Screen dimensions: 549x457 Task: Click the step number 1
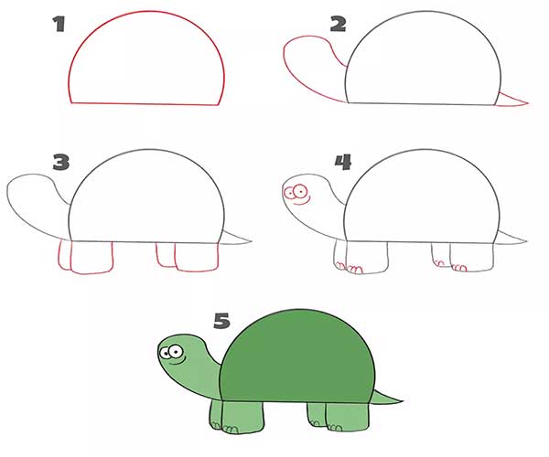[59, 25]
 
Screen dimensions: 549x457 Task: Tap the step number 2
[338, 25]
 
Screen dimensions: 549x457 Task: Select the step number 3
[61, 163]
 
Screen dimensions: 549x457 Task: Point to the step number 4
[343, 163]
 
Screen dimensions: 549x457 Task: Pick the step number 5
[222, 321]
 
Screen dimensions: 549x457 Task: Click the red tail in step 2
[511, 100]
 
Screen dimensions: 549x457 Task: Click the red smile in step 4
[302, 201]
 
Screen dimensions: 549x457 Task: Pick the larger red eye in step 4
[300, 191]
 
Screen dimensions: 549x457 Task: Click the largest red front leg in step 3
[91, 258]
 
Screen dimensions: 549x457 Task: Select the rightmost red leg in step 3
[197, 257]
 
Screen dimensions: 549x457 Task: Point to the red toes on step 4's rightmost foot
[458, 268]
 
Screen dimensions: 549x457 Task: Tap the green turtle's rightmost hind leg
[348, 417]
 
